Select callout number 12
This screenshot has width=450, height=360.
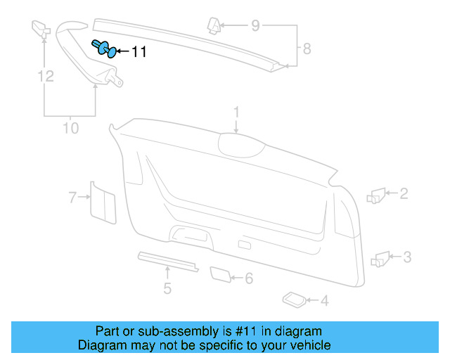tap(46, 76)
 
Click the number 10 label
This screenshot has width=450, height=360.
tap(70, 129)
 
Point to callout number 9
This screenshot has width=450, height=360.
tap(255, 27)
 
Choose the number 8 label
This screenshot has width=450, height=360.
tap(306, 49)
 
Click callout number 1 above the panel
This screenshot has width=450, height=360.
tap(237, 112)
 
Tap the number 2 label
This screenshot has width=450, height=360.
tap(404, 192)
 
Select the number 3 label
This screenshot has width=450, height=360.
tap(407, 257)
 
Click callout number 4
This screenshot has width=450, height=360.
tap(324, 302)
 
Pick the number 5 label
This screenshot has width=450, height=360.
tap(167, 287)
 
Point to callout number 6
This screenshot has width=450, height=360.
tap(248, 278)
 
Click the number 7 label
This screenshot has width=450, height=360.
tap(72, 198)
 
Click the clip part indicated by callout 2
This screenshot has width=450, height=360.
tap(376, 195)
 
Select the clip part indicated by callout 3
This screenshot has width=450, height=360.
tap(380, 258)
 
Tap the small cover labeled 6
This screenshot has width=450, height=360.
tap(221, 274)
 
